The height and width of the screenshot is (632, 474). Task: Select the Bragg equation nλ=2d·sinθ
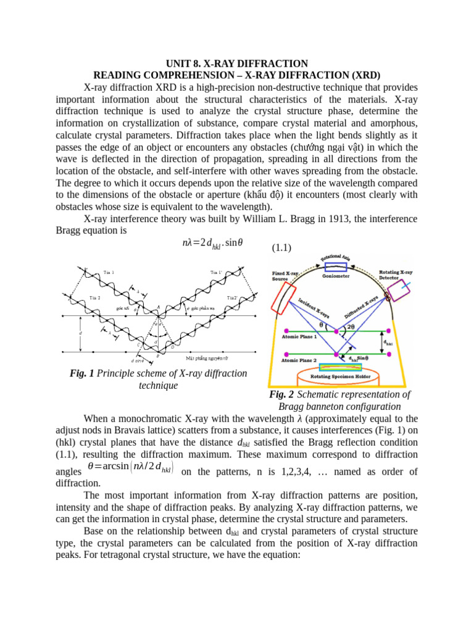click(209, 242)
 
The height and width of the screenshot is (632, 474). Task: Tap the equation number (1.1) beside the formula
click(282, 248)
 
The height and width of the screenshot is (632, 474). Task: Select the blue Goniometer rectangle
click(336, 267)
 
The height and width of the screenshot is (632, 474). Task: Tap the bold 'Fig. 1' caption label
click(83, 373)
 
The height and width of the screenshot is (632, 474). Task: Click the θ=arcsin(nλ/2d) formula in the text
click(130, 467)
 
